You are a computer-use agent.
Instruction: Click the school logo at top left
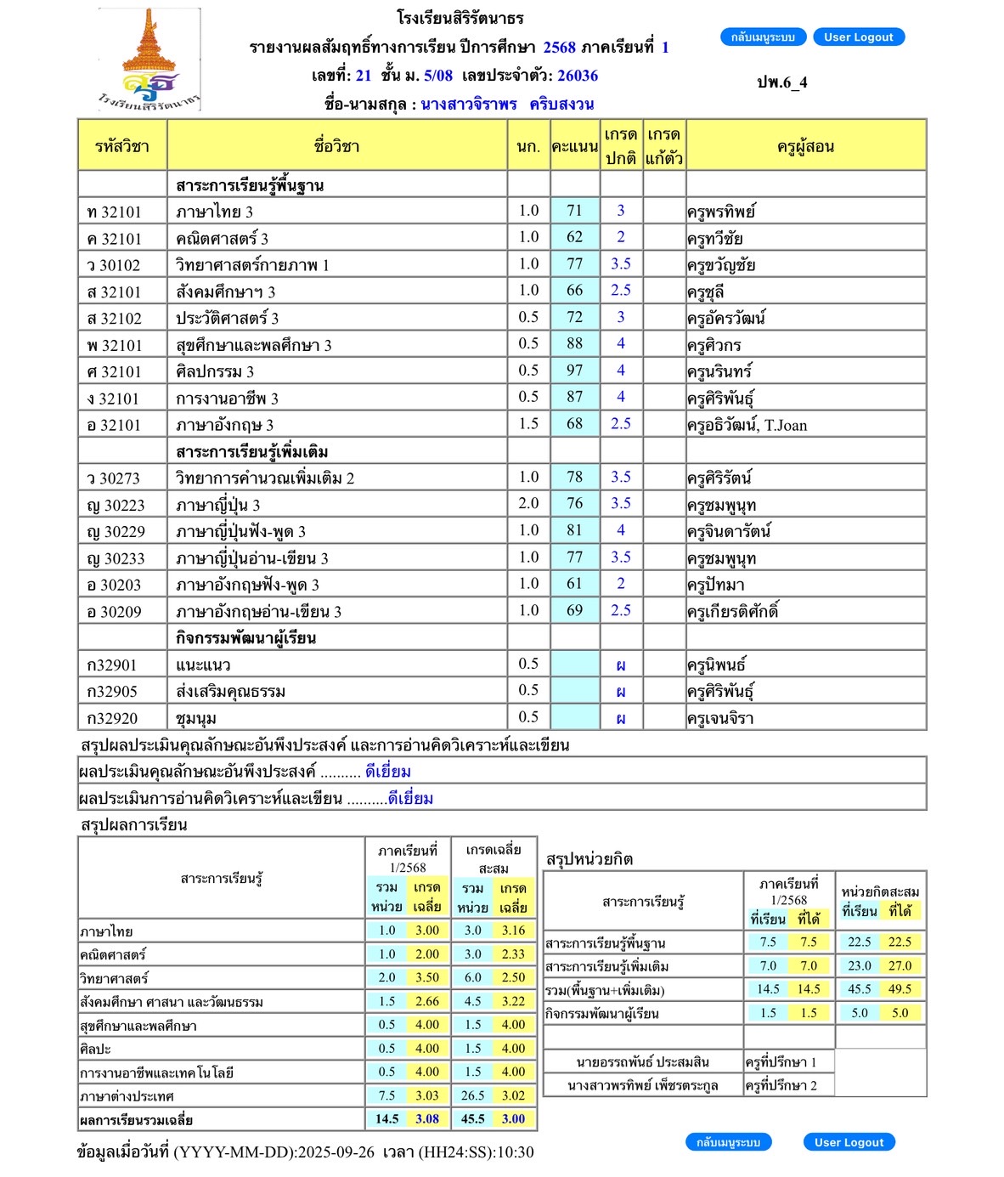pyautogui.click(x=149, y=60)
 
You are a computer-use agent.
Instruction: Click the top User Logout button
pyautogui.click(x=858, y=37)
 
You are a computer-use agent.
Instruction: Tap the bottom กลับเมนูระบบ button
pyautogui.click(x=728, y=1142)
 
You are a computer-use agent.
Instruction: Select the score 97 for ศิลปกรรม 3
pyautogui.click(x=575, y=371)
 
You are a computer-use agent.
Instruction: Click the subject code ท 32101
pyautogui.click(x=115, y=212)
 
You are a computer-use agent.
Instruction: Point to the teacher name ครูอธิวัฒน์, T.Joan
pyautogui.click(x=747, y=425)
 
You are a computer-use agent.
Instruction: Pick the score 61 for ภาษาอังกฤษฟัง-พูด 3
pyautogui.click(x=575, y=584)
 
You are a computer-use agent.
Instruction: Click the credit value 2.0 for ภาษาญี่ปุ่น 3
pyautogui.click(x=528, y=504)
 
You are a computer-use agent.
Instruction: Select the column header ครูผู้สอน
pyautogui.click(x=805, y=146)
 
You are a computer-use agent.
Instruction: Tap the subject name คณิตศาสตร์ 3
pyautogui.click(x=222, y=239)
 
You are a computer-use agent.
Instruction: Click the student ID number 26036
pyautogui.click(x=578, y=76)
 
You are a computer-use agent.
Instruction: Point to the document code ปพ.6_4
pyautogui.click(x=781, y=82)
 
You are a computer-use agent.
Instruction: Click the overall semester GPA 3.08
pyautogui.click(x=427, y=1118)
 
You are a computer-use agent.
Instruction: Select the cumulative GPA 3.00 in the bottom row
pyautogui.click(x=513, y=1118)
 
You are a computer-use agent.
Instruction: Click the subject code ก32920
pyautogui.click(x=112, y=718)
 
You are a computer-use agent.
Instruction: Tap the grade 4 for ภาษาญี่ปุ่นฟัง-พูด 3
pyautogui.click(x=621, y=530)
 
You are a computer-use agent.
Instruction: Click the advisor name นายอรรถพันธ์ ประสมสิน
pyautogui.click(x=642, y=1061)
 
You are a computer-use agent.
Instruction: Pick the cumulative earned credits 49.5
pyautogui.click(x=900, y=989)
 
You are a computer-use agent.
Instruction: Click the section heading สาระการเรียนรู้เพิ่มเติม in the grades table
pyautogui.click(x=251, y=451)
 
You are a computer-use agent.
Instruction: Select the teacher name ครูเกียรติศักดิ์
pyautogui.click(x=733, y=611)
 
